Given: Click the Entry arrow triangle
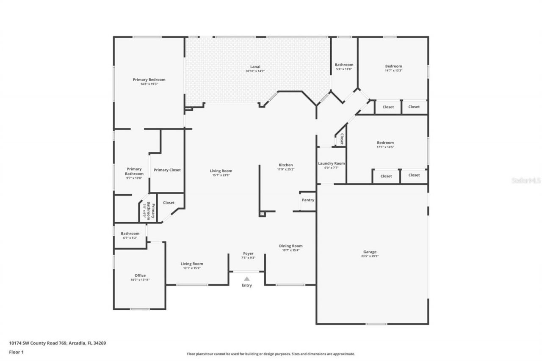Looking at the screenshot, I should [x=247, y=278].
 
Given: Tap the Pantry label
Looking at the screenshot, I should [x=308, y=200].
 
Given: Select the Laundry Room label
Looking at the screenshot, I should [x=331, y=163].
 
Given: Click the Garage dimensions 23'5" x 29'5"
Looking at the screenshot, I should [x=370, y=256].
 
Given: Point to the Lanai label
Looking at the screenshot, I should [x=255, y=66].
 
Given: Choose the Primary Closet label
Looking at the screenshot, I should [x=167, y=170].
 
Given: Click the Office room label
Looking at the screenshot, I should [x=140, y=276].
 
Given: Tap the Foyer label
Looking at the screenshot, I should [x=248, y=254].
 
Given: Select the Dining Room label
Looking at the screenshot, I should [x=290, y=246].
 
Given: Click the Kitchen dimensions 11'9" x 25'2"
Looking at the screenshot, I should [x=285, y=169].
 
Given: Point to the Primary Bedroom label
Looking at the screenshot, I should [x=149, y=80].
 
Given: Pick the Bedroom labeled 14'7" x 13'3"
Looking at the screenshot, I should [x=393, y=66].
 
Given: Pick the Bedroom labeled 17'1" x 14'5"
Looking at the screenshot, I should [x=385, y=143].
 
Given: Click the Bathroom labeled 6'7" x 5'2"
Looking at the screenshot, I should [x=130, y=234].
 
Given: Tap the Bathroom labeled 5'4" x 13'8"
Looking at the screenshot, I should [x=344, y=65].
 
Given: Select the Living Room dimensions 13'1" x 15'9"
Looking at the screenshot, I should [x=192, y=268].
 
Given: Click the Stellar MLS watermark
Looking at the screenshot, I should [x=526, y=180].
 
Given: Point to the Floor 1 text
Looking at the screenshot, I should [x=16, y=351].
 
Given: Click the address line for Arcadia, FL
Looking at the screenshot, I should [x=58, y=343].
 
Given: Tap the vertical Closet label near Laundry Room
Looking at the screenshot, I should [x=341, y=139].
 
